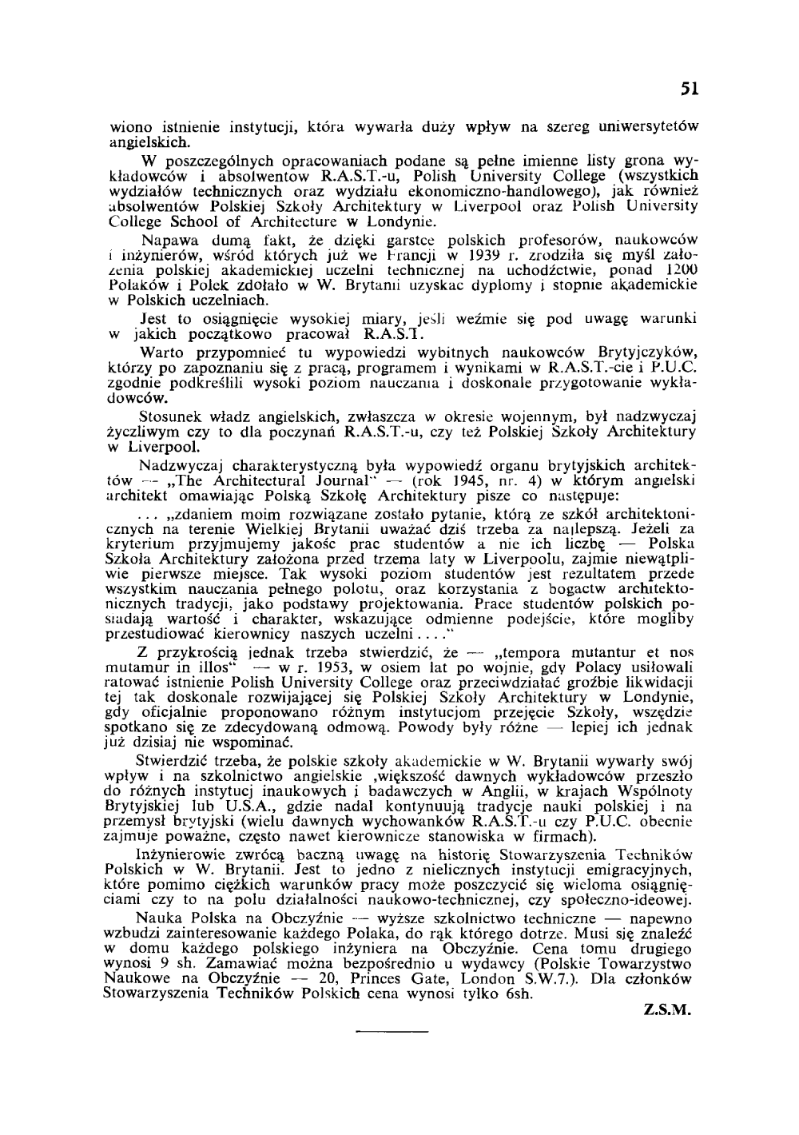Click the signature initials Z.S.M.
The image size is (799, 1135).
point(667,1009)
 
